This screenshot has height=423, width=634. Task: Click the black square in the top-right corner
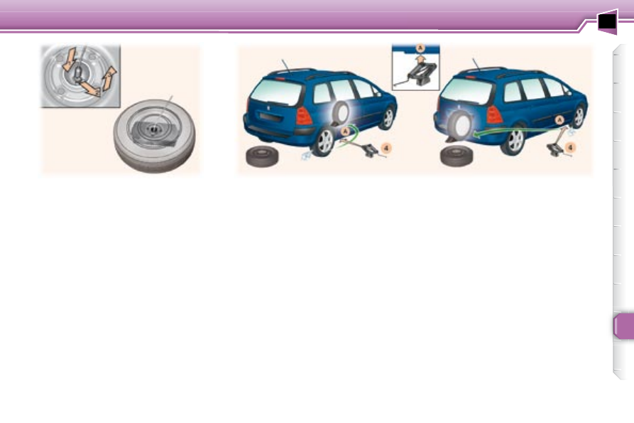(606, 23)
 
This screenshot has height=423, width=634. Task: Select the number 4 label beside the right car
(571, 147)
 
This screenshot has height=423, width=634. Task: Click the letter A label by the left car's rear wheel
(346, 131)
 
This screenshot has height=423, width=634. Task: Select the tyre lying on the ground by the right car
(459, 156)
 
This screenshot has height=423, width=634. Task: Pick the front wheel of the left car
(386, 117)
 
